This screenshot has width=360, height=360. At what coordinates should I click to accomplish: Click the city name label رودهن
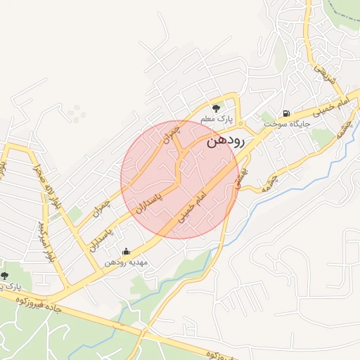(226, 141)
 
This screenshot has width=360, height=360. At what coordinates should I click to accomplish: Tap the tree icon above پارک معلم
(216, 108)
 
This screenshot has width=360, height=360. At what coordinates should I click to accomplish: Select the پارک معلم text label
(216, 119)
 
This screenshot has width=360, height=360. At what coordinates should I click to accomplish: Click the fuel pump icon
(285, 113)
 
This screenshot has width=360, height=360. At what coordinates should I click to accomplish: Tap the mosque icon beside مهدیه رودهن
(126, 251)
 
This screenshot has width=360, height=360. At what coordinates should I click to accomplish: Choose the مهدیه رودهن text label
(125, 262)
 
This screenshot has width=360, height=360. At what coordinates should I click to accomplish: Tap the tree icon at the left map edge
(4, 276)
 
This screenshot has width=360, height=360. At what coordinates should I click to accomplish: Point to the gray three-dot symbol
(76, 110)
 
